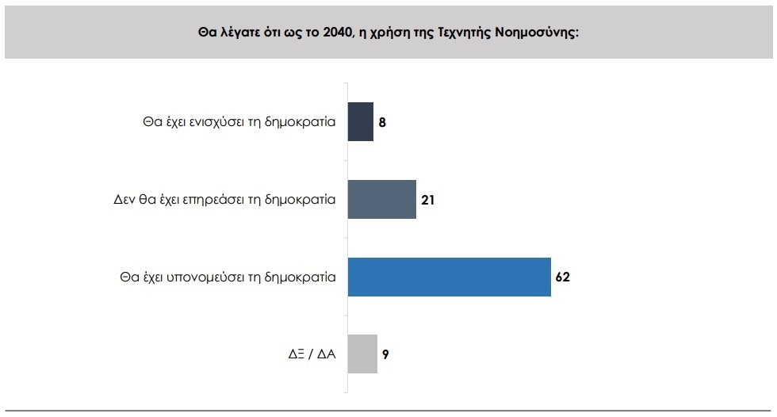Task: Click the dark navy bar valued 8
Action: [x=361, y=122]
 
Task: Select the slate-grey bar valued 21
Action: [x=382, y=199]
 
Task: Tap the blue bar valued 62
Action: [x=450, y=277]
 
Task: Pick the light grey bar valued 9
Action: [x=362, y=354]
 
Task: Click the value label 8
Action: [x=382, y=123]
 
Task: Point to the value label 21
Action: [x=427, y=200]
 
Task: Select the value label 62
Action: [x=563, y=277]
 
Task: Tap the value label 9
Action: [x=385, y=354]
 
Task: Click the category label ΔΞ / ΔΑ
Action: [x=312, y=354]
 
